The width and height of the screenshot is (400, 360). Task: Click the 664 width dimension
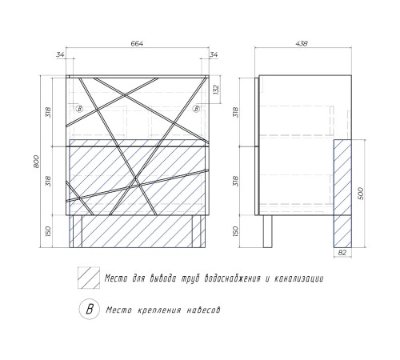137,43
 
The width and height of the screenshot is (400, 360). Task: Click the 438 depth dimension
302,43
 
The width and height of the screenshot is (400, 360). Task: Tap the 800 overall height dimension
37,162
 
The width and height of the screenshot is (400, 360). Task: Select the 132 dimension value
216,90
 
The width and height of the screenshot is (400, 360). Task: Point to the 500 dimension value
360,194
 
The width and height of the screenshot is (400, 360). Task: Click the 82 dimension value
342,253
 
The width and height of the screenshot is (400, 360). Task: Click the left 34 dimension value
60,54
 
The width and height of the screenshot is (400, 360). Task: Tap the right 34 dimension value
214,54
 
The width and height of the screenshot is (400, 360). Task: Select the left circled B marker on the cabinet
79,109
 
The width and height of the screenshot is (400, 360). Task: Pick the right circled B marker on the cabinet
197,109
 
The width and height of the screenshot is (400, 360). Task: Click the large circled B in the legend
90,310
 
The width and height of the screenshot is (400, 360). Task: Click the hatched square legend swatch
89,278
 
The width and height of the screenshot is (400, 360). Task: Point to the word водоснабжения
232,278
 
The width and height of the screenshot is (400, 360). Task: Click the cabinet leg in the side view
268,231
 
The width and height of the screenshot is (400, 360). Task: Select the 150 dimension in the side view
235,231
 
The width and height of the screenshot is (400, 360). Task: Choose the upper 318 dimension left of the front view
48,113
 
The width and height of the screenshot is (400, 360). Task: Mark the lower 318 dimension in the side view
235,181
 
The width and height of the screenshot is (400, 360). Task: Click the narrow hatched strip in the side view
342,194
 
